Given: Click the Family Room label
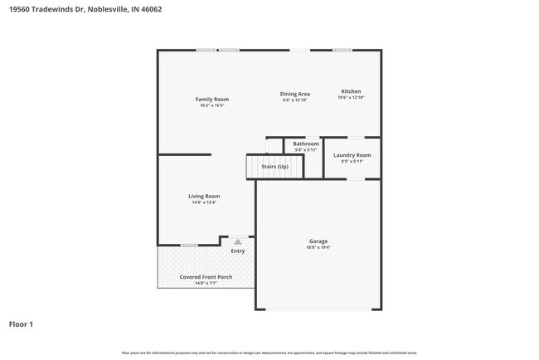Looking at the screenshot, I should (212, 100).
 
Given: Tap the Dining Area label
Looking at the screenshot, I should (294, 94).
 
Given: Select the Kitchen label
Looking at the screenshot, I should (351, 91).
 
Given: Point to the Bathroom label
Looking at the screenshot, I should (306, 144).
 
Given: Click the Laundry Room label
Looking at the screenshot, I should (352, 155).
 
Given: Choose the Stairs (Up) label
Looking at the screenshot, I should (274, 167).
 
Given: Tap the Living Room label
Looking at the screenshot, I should (204, 196).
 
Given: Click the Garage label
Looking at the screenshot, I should (319, 241).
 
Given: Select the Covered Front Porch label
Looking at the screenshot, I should (206, 277).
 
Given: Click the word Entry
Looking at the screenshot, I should (238, 251).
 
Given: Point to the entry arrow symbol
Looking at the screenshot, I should (238, 241).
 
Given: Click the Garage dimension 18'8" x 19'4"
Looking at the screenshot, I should (319, 248).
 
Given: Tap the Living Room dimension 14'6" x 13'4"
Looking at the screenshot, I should (204, 202).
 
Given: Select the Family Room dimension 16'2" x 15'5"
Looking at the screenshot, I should (213, 106).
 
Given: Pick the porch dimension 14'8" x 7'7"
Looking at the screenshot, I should (206, 284).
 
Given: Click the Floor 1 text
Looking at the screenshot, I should (21, 324).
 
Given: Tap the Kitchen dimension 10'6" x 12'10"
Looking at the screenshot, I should (351, 98).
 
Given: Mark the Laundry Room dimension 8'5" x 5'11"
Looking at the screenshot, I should (352, 162).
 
